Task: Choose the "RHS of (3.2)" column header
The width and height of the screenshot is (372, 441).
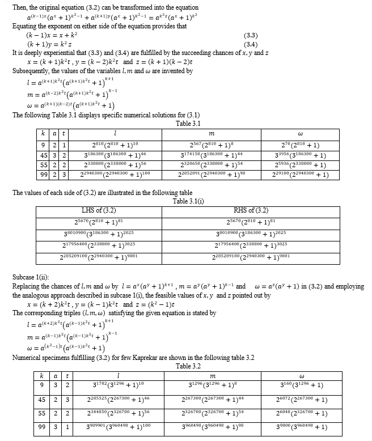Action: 251,211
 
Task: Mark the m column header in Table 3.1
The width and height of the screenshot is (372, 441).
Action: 211,133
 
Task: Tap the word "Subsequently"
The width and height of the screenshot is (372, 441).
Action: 32,70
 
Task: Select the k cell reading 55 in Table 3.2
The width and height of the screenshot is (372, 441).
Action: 42,414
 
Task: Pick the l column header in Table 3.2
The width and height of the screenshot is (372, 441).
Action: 117,376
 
